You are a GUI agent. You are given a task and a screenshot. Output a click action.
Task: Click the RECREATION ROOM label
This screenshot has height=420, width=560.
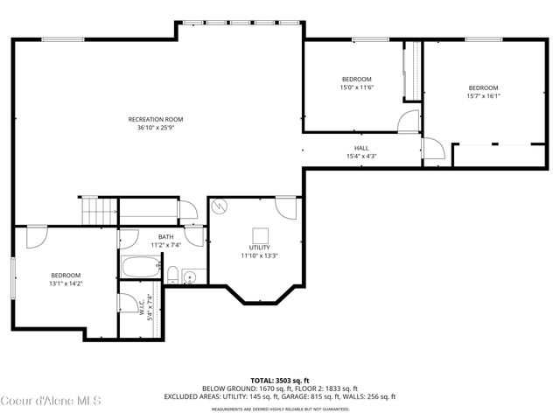click(155, 119)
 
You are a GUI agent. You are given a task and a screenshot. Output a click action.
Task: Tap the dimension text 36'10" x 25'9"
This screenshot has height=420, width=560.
click(155, 128)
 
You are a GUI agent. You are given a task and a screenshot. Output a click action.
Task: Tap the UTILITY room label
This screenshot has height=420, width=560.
click(259, 248)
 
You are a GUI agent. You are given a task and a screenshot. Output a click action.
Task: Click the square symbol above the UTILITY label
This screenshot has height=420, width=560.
click(260, 234)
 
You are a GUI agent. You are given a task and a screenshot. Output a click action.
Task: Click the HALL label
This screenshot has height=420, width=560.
click(361, 148)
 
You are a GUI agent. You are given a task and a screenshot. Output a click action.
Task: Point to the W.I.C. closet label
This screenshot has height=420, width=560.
click(141, 308)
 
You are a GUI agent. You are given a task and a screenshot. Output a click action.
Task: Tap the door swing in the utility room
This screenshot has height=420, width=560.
click(285, 208)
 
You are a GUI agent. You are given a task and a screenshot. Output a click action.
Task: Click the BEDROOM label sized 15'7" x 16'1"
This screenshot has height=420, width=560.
click(483, 87)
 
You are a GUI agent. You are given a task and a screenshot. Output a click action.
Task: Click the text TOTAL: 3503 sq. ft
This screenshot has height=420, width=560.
click(279, 380)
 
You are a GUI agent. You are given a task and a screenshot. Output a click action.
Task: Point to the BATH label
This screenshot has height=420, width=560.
click(165, 237)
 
